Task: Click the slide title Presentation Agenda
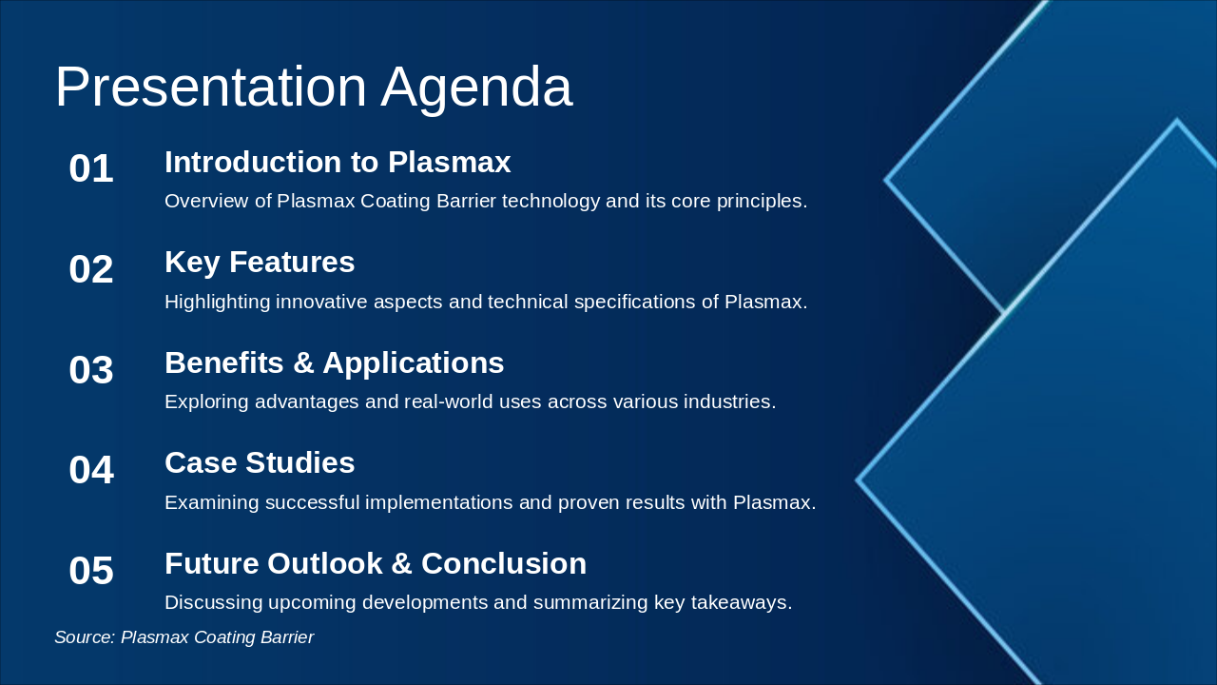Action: pos(313,87)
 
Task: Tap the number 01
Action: pos(91,169)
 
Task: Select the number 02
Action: pos(91,270)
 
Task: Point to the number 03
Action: pos(91,370)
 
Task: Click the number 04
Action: pos(91,471)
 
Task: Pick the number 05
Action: pos(91,571)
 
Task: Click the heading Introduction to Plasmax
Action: pos(338,163)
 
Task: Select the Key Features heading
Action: pos(260,263)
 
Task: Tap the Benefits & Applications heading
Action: pos(334,363)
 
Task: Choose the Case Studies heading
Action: pos(260,463)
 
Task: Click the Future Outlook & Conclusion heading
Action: pos(375,564)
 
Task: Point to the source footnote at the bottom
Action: pos(184,637)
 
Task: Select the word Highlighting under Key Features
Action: pos(217,303)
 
